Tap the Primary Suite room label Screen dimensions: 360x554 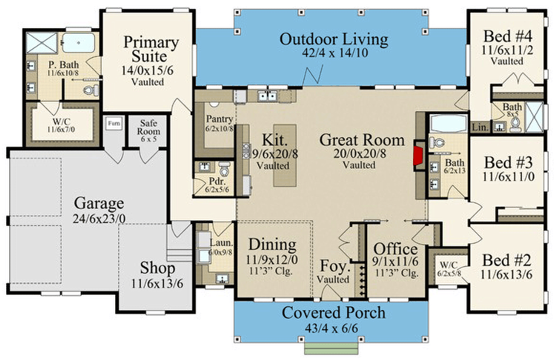point(152,49)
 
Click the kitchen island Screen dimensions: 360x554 point(284,154)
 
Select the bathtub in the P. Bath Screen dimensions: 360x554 point(79,43)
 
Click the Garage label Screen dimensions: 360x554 point(98,203)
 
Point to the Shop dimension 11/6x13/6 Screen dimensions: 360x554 point(158,284)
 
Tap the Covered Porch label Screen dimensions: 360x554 point(333,313)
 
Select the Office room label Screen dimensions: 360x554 point(395,249)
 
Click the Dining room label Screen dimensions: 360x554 point(272,245)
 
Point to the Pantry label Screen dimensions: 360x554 point(219,119)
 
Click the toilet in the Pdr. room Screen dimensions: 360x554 point(224,169)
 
